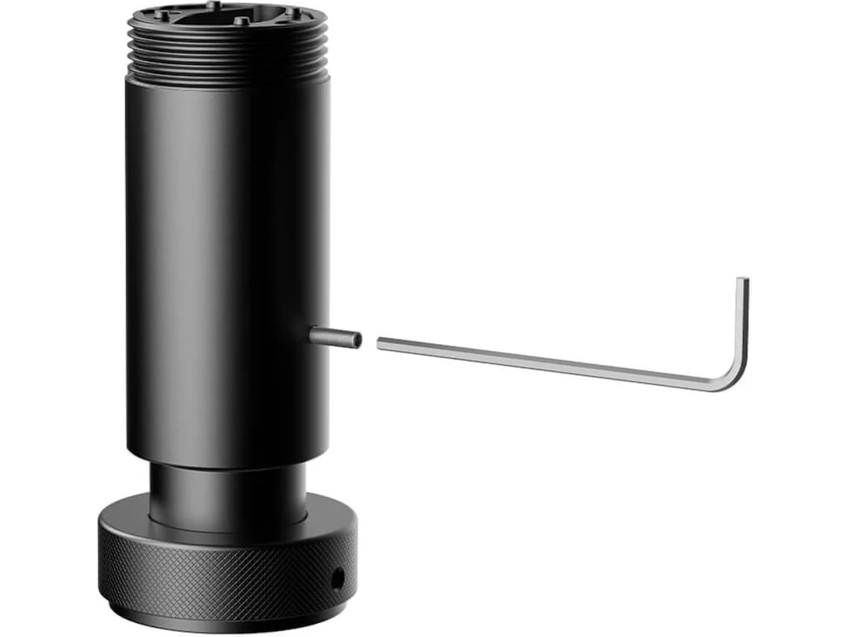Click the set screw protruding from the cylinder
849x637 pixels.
(334, 337)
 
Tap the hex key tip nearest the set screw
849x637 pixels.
(380, 343)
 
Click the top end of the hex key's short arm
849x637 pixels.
(742, 281)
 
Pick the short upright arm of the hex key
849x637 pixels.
(742, 326)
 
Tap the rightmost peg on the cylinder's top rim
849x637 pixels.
(290, 12)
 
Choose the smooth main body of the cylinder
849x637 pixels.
(226, 269)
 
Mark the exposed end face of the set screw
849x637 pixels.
(357, 340)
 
